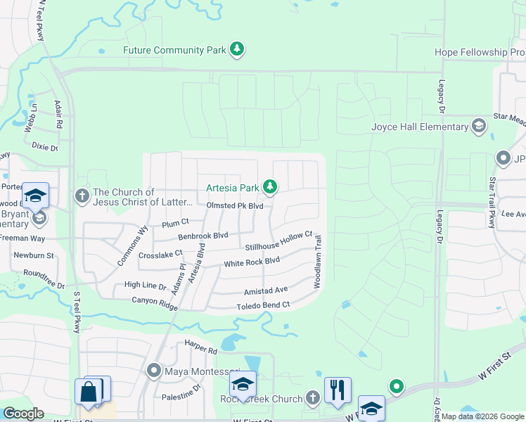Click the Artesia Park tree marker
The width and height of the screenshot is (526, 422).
coord(269,187)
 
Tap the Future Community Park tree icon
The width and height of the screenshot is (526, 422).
coord(238,49)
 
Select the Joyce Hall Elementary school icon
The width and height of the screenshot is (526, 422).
coord(479,127)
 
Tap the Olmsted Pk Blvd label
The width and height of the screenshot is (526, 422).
coord(235,205)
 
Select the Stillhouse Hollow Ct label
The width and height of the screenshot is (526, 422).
coord(278,243)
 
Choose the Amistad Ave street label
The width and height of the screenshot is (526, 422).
coord(266,290)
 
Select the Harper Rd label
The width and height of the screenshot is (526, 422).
coord(201,347)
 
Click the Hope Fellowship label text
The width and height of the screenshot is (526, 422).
coord(480,53)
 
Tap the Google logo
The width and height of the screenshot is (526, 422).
coord(23,414)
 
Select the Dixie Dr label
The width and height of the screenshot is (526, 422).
coord(45,146)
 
